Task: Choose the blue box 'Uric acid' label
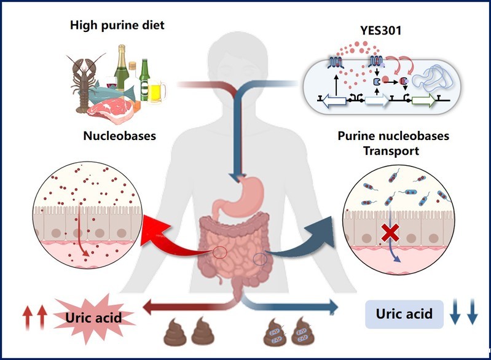pos(404,314)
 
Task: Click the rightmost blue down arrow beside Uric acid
pos(471,315)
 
